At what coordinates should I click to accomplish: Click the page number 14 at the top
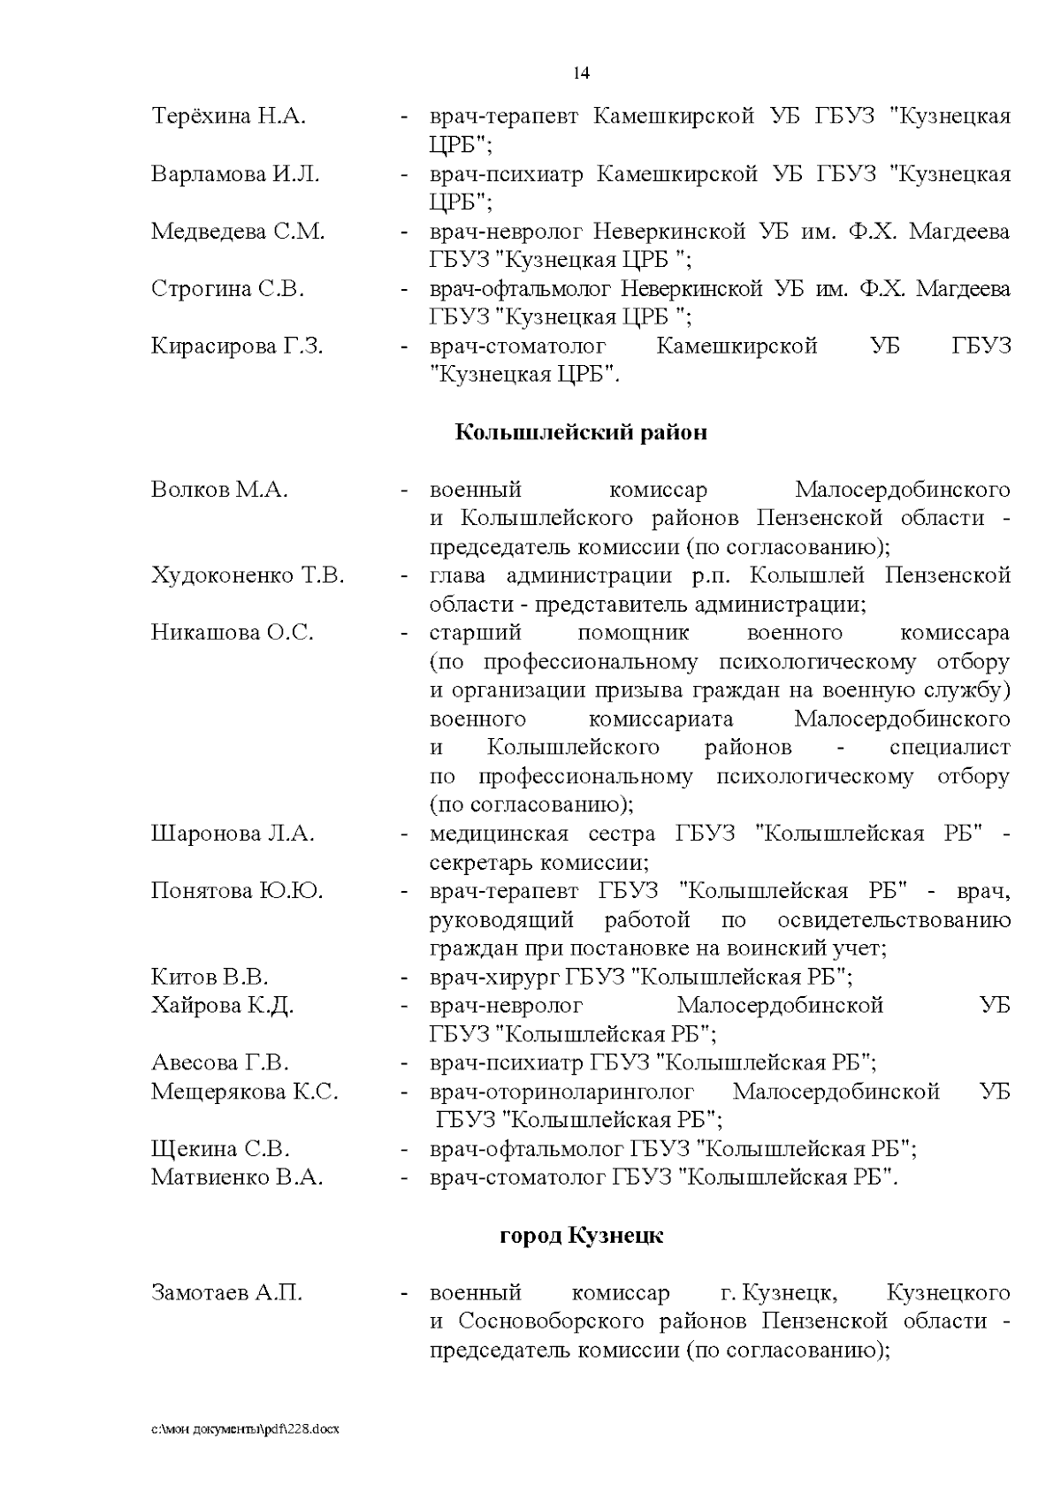click(x=581, y=73)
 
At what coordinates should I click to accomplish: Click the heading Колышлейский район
click(x=581, y=432)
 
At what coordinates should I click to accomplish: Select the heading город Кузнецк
click(x=581, y=1236)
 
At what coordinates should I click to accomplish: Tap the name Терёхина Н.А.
click(x=228, y=116)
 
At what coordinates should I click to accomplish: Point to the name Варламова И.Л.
click(x=235, y=173)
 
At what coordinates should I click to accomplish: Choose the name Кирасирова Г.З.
click(x=237, y=346)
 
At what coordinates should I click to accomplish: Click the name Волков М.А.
click(x=219, y=490)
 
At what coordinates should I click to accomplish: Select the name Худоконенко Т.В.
click(x=248, y=575)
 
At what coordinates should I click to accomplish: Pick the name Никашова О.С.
click(x=232, y=633)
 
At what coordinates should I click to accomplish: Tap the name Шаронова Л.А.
click(x=233, y=834)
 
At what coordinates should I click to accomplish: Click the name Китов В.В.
click(x=210, y=977)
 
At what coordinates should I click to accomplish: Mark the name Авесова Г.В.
click(x=220, y=1062)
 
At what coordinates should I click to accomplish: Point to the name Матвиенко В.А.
click(x=237, y=1177)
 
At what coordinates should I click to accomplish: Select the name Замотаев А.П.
click(x=226, y=1292)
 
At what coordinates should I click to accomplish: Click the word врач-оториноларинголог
click(x=561, y=1092)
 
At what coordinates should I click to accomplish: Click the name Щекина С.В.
click(x=220, y=1149)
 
